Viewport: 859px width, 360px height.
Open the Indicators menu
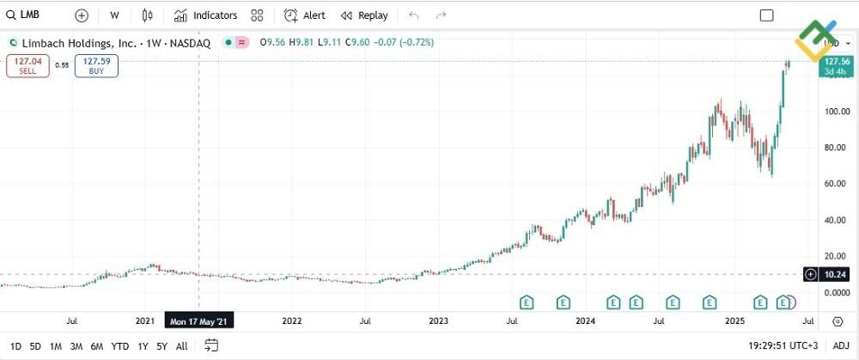[205, 15]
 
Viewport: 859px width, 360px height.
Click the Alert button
[305, 15]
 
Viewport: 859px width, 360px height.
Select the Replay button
[364, 15]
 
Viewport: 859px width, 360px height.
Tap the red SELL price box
[27, 65]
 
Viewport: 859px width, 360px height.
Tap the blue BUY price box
[96, 65]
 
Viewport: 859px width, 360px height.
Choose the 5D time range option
[35, 346]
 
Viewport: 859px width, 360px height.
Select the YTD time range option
[120, 346]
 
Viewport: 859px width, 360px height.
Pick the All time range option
[181, 346]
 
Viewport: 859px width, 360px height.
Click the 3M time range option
[76, 346]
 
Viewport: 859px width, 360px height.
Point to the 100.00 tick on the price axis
[836, 112]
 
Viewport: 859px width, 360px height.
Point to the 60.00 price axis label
[836, 184]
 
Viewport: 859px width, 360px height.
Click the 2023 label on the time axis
[439, 321]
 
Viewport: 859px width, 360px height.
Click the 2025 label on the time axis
[735, 321]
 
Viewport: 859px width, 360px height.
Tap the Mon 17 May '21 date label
[199, 321]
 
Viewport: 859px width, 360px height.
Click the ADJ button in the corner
[840, 346]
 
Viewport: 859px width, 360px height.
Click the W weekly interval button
[114, 15]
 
